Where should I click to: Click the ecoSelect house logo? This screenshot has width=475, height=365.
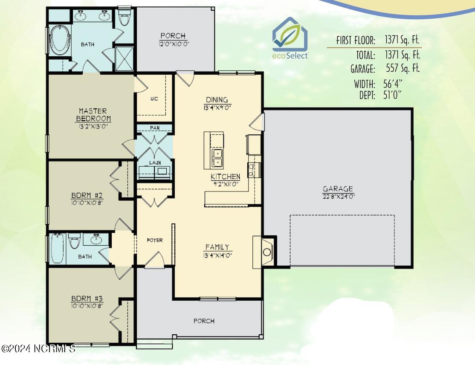pyautogui.click(x=290, y=38)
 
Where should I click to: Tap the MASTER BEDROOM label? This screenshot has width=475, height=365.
pyautogui.click(x=93, y=115)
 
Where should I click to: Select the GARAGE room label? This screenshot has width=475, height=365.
pyautogui.click(x=338, y=189)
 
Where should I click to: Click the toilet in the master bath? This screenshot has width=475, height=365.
pyautogui.click(x=124, y=17)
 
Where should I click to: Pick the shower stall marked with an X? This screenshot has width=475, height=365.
pyautogui.click(x=124, y=59)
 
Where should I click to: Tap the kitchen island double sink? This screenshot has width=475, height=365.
pyautogui.click(x=217, y=158)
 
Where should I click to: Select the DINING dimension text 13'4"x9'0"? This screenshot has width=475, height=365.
pyautogui.click(x=217, y=107)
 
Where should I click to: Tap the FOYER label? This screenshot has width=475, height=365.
pyautogui.click(x=155, y=240)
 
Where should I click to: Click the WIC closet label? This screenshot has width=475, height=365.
pyautogui.click(x=154, y=99)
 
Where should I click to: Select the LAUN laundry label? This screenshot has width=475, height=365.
pyautogui.click(x=155, y=162)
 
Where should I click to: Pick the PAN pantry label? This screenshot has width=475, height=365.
pyautogui.click(x=155, y=128)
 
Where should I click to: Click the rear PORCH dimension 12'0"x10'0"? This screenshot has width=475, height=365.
pyautogui.click(x=173, y=43)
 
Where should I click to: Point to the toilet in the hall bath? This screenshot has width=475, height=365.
pyautogui.click(x=74, y=241)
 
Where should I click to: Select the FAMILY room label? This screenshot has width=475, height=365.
pyautogui.click(x=217, y=247)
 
